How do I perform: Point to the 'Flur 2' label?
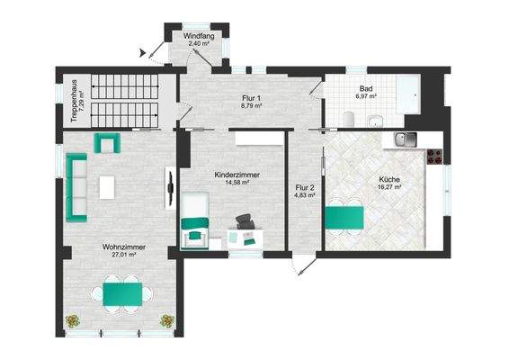pyautogui.click(x=304, y=188)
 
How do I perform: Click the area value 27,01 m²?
pyautogui.click(x=123, y=255)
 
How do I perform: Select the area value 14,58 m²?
pyautogui.click(x=231, y=182)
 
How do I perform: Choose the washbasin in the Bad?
pyautogui.click(x=381, y=120)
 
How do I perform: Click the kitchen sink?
pyautogui.click(x=406, y=139)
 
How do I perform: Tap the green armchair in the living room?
pyautogui.click(x=108, y=142)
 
